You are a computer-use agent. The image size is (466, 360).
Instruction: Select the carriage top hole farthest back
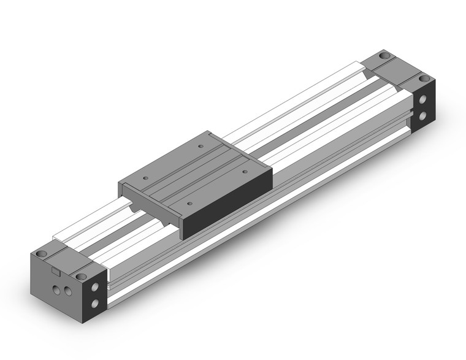pos(201,146)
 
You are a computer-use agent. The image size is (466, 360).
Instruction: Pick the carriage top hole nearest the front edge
pos(189,202)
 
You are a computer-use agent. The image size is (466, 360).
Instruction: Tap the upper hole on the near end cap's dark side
pos(95,286)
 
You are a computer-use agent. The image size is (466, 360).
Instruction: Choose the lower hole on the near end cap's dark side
pos(95,302)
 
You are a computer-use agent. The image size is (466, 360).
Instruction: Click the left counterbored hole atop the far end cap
pos(384,56)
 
